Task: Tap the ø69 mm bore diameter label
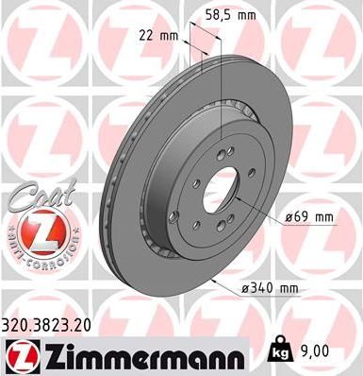310,218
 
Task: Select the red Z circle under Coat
35,229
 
